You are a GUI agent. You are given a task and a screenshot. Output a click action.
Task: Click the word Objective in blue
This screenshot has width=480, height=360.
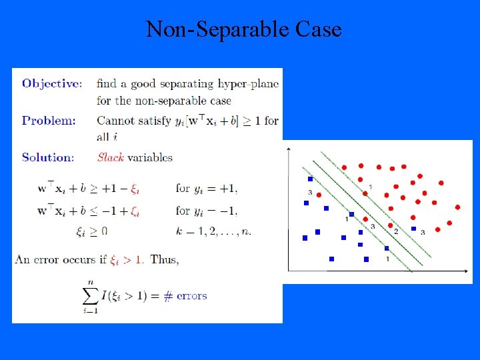[51, 84]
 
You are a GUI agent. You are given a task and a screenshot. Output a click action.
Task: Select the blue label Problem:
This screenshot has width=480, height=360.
[49, 121]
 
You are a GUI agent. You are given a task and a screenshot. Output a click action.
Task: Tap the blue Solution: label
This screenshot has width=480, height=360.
[48, 158]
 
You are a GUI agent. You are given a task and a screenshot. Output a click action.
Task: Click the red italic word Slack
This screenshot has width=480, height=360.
[111, 158]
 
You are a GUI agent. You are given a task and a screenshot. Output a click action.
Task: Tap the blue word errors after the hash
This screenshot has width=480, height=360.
[192, 296]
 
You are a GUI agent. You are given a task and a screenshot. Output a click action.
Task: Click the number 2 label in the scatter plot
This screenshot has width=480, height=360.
[396, 231]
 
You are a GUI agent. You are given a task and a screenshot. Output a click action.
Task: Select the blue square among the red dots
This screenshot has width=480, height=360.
[413, 229]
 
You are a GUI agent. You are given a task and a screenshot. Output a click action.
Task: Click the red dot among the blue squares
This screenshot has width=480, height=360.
[319, 195]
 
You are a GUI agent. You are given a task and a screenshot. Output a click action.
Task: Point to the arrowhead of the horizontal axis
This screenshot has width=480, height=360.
[469, 270]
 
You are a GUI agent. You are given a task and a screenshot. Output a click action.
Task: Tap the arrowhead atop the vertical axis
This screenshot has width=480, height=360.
[287, 146]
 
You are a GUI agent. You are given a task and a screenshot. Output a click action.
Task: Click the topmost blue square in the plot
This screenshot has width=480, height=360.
[310, 179]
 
